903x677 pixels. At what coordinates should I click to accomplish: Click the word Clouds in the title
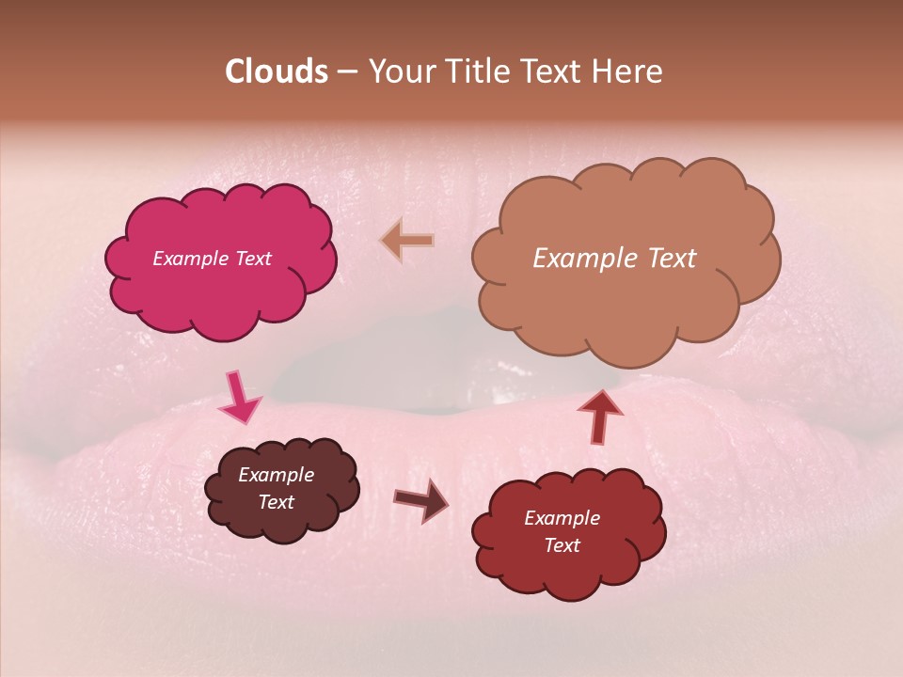click(276, 71)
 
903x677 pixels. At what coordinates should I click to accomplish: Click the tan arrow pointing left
click(407, 241)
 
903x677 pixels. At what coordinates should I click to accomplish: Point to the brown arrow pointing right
click(421, 500)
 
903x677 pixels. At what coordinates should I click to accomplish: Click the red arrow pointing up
click(600, 416)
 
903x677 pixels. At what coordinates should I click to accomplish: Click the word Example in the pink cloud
click(190, 259)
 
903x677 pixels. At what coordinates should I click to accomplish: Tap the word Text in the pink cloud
click(252, 259)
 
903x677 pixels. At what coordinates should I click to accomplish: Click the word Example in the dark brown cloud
click(276, 475)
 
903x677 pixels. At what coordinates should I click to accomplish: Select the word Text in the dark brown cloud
click(276, 502)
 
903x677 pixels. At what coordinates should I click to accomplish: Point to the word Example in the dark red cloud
click(562, 518)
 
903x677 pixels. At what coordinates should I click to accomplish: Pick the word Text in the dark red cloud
click(562, 545)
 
